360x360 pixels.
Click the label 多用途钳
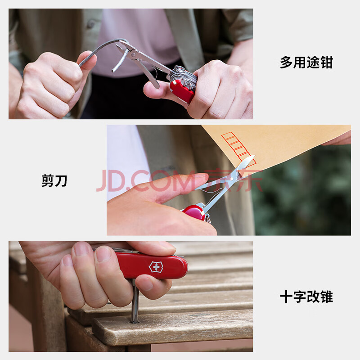pos(306,62)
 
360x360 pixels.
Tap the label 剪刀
pos(54,180)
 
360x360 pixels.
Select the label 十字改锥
pos(306,297)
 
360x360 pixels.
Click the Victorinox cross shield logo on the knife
pos(156,267)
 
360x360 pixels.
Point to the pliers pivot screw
pos(133,54)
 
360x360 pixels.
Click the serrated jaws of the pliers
pos(121,49)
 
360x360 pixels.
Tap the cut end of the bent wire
pos(113,71)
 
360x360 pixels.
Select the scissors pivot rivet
pos(232,179)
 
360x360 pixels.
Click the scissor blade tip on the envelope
pos(253,156)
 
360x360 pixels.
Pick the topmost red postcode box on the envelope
pos(228,136)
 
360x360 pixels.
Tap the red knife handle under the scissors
pos(194,212)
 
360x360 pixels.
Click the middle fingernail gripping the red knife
pos(103,254)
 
